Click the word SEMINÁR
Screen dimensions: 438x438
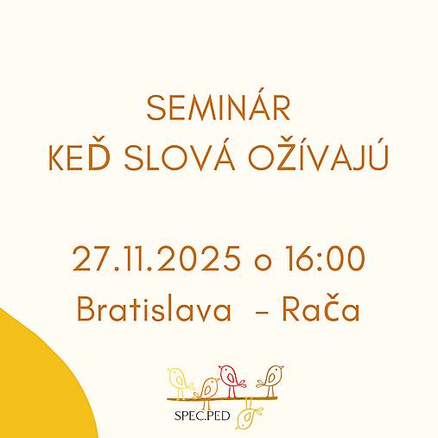(218, 109)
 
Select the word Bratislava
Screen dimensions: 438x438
(153, 309)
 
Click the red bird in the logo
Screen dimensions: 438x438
(230, 378)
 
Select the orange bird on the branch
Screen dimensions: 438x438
(208, 389)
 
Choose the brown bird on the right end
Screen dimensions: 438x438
(272, 378)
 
